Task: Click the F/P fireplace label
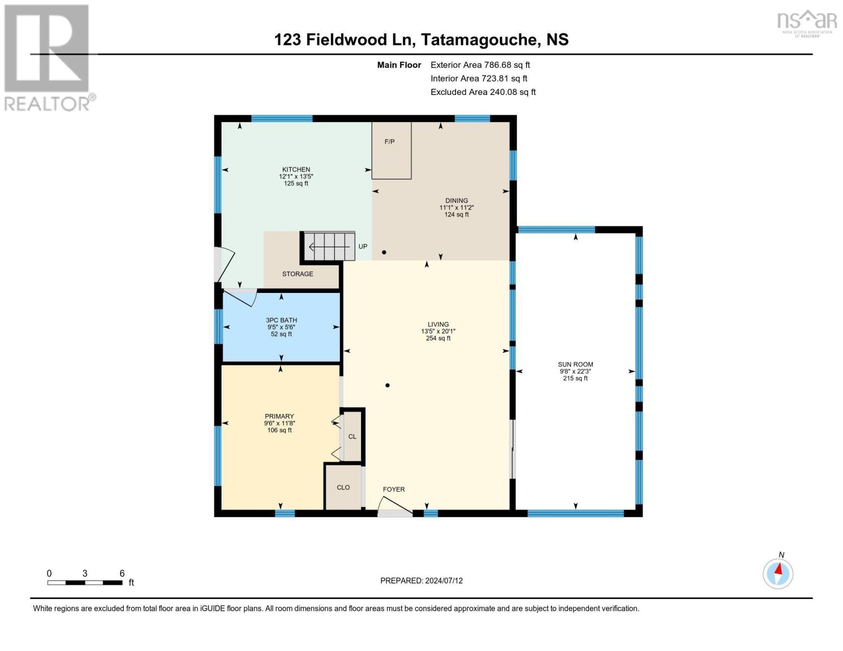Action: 389,142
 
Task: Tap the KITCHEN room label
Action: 296,169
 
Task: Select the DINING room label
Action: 457,201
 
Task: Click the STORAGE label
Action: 297,274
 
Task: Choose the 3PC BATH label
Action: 281,320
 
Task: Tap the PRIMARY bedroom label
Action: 279,416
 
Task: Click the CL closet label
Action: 352,437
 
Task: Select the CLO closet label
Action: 343,488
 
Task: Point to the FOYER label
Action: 394,489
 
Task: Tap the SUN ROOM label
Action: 575,365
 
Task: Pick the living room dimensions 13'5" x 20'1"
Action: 438,331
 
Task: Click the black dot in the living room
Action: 388,386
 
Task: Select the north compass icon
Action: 778,573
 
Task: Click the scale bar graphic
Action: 85,583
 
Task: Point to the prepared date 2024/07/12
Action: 443,580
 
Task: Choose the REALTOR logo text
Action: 47,104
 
